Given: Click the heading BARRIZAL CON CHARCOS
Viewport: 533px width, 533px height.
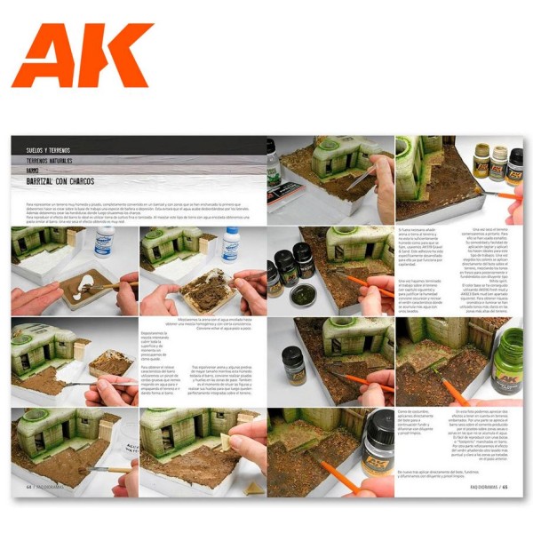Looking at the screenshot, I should (x=62, y=181).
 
